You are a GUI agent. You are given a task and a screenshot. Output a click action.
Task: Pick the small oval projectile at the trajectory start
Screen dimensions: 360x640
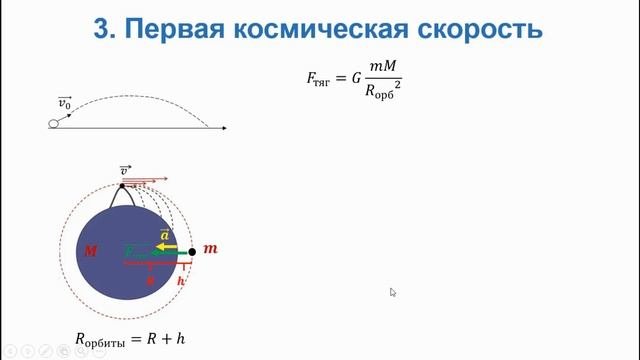coord(54,124)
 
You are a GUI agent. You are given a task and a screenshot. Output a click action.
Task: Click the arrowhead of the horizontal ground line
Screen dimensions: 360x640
coord(224,128)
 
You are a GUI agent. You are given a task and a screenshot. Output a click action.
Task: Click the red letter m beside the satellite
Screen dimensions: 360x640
coord(209,248)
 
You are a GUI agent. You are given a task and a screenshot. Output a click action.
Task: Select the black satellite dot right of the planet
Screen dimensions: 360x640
coord(191,252)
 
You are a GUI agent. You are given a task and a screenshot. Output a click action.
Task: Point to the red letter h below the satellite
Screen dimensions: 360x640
coord(181,282)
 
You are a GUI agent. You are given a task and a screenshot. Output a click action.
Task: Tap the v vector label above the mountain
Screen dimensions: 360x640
coord(125,171)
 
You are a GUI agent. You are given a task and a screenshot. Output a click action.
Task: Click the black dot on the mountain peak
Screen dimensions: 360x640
coord(122,185)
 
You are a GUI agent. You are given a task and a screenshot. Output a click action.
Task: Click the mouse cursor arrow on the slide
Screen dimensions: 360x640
coord(393,292)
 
